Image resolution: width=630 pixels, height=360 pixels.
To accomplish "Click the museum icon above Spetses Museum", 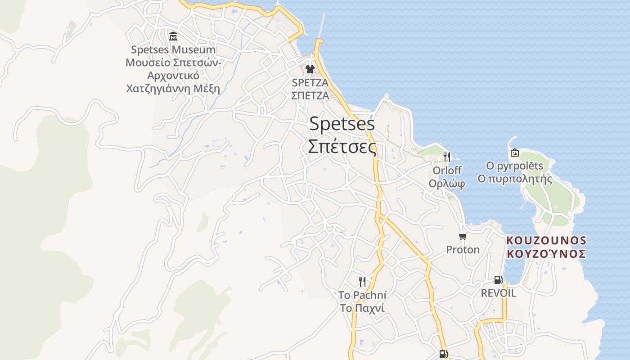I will [173, 36].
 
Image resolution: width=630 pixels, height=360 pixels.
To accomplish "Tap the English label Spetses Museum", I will [173, 49].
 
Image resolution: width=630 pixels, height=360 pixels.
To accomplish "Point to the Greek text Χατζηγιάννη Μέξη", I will [173, 88].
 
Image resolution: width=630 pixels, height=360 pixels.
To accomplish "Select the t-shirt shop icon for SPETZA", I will [310, 69].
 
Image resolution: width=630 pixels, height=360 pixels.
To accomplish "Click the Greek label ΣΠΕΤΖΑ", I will [310, 95].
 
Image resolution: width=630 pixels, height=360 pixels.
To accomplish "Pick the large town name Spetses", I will [342, 124].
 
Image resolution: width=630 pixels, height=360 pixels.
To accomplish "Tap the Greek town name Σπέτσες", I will [342, 146].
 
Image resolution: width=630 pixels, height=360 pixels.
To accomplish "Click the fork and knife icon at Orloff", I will [447, 157].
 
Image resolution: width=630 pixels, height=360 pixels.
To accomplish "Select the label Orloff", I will [447, 171].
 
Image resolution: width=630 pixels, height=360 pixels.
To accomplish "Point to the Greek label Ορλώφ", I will [447, 184].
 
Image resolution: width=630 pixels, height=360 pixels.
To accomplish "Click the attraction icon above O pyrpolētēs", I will [515, 153].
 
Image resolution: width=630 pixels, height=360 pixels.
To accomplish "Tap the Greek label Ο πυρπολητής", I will [515, 179].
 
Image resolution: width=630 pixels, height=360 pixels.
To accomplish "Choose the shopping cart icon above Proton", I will [463, 236].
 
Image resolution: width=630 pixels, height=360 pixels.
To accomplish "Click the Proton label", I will [463, 250].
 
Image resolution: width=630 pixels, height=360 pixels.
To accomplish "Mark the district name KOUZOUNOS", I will [546, 240].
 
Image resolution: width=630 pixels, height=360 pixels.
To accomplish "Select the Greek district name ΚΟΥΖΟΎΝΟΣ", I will [546, 254].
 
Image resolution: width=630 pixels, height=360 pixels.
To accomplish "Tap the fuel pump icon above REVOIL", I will [498, 280].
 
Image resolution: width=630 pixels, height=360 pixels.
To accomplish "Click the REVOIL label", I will [498, 293].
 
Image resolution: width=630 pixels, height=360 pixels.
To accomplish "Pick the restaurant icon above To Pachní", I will [362, 282].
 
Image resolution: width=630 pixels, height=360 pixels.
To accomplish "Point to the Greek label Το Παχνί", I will [362, 309].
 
